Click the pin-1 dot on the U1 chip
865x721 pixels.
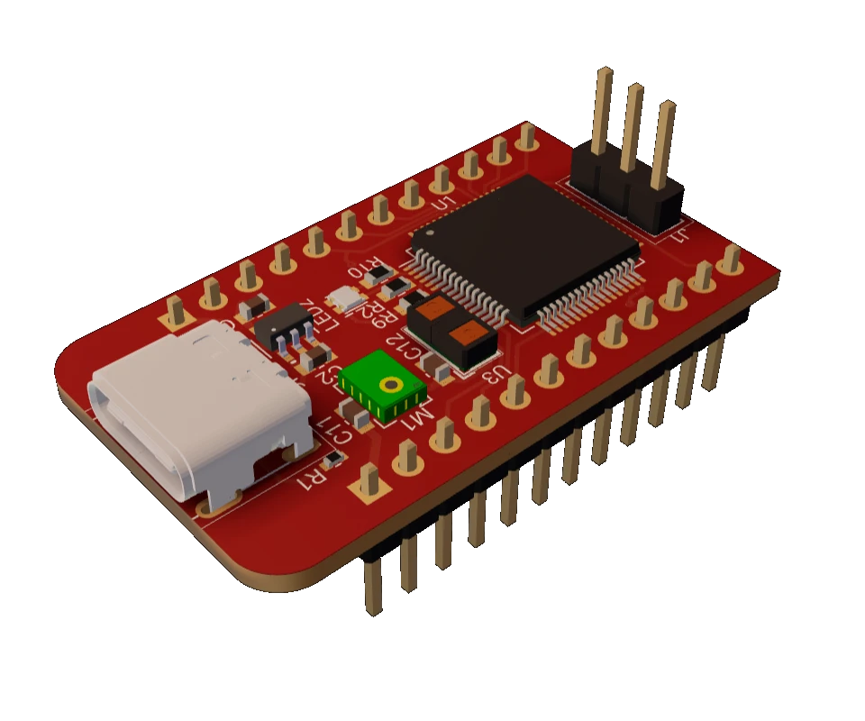click(x=430, y=233)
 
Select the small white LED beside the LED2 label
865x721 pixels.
click(x=344, y=298)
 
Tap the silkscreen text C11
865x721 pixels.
click(x=336, y=433)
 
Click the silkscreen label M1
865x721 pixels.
click(x=417, y=418)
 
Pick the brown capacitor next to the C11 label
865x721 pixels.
click(x=358, y=416)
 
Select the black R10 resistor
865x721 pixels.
click(x=394, y=287)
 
